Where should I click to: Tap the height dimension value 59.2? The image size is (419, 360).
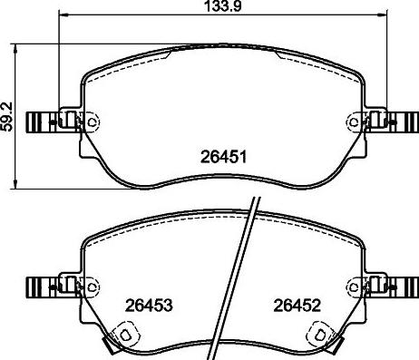(7, 114)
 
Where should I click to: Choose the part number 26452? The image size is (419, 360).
(298, 305)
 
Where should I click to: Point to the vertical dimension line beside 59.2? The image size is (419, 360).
(21, 114)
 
